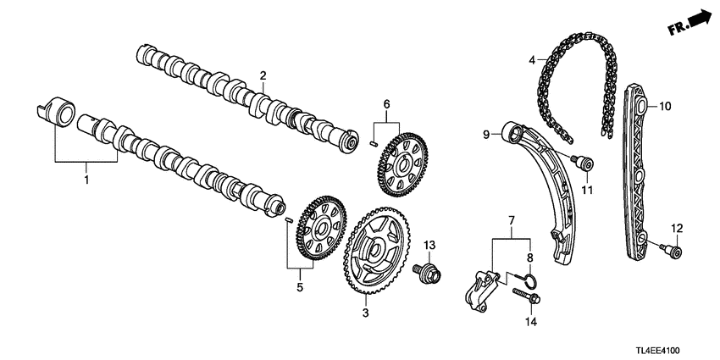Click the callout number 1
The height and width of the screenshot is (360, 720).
[x=85, y=180]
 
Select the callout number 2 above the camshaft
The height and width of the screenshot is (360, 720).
[x=263, y=77]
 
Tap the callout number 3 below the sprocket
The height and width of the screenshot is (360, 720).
[x=366, y=313]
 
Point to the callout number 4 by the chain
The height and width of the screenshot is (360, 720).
[x=532, y=61]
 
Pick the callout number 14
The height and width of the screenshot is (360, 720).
[x=531, y=324]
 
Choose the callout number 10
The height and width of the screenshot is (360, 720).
[x=664, y=107]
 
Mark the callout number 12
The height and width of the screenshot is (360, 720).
[x=676, y=228]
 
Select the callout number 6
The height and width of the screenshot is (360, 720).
[x=386, y=104]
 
